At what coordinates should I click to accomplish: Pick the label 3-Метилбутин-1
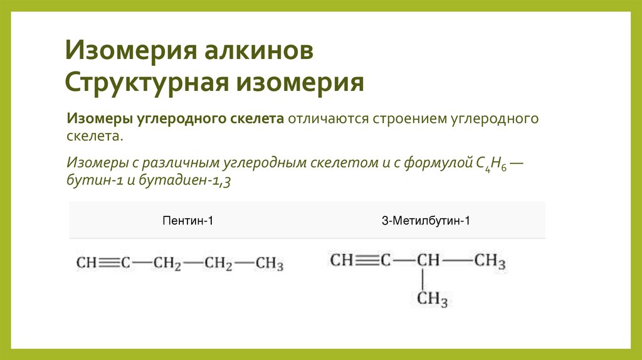[426, 220]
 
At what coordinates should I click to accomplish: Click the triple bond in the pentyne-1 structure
[107, 263]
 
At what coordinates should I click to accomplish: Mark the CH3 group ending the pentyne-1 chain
[270, 264]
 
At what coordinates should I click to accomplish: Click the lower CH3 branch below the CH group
[433, 299]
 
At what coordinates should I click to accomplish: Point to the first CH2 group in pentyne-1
[167, 264]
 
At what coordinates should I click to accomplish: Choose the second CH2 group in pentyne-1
[219, 264]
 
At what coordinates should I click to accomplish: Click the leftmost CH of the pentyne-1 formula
[86, 263]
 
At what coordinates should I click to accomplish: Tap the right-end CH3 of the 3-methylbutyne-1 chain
[490, 260]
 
